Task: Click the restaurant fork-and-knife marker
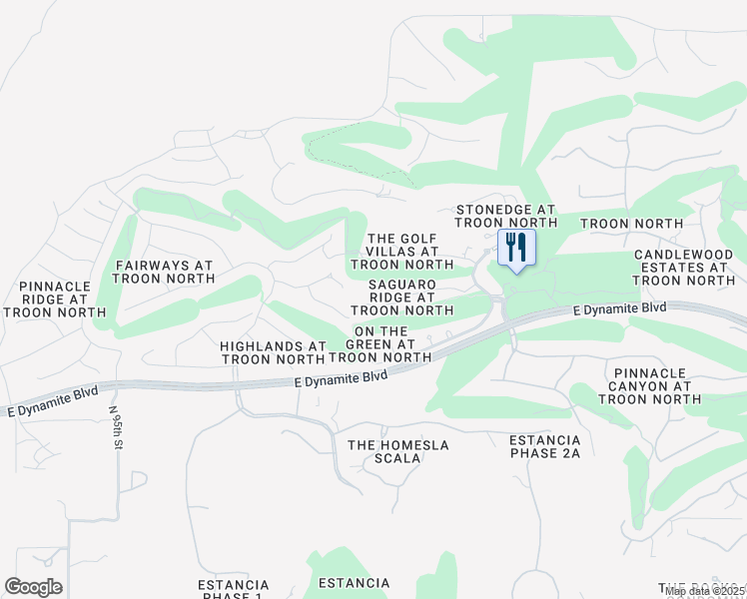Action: (516, 247)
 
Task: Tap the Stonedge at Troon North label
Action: (504, 217)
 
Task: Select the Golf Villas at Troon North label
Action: (401, 252)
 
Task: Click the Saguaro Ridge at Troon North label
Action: (402, 298)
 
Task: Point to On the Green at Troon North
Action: (380, 344)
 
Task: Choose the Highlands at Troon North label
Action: (273, 352)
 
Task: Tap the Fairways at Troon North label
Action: (164, 273)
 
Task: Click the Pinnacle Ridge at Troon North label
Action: (55, 299)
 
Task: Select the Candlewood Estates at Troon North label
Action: (684, 268)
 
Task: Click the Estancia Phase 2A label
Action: (544, 446)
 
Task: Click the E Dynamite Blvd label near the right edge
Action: (619, 309)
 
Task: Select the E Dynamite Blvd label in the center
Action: (342, 377)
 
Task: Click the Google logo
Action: (33, 587)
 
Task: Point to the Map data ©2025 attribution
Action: (705, 591)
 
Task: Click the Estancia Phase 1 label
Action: (233, 589)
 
